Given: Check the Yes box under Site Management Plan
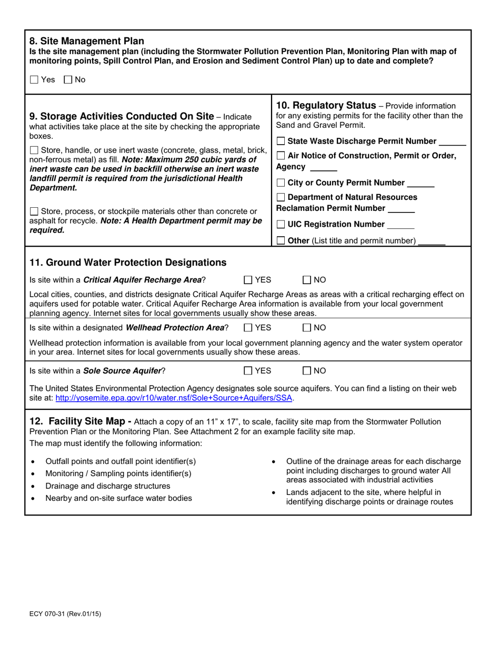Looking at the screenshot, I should [34, 80].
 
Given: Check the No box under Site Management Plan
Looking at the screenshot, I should [68, 80].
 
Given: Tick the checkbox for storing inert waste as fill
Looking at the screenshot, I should [34, 150].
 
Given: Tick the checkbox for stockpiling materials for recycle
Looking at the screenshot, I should [34, 211].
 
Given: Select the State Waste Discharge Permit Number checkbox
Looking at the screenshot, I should [281, 141].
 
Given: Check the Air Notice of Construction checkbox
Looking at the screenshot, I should [281, 156].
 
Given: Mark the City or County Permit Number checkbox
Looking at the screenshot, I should [281, 183].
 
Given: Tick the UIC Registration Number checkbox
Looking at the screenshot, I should [281, 225].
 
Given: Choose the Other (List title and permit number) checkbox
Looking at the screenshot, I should [281, 241].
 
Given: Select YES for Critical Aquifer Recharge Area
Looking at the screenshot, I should [248, 280].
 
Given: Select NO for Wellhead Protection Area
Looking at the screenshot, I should [307, 328].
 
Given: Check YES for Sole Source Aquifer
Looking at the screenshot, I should [248, 371].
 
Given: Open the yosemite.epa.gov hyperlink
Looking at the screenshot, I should [174, 398].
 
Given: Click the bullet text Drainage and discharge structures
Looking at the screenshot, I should [108, 486].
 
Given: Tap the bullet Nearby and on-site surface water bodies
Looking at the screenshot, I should [118, 498].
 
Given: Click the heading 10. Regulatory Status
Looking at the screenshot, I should [326, 106].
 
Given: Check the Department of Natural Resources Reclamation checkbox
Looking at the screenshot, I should [281, 197].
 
